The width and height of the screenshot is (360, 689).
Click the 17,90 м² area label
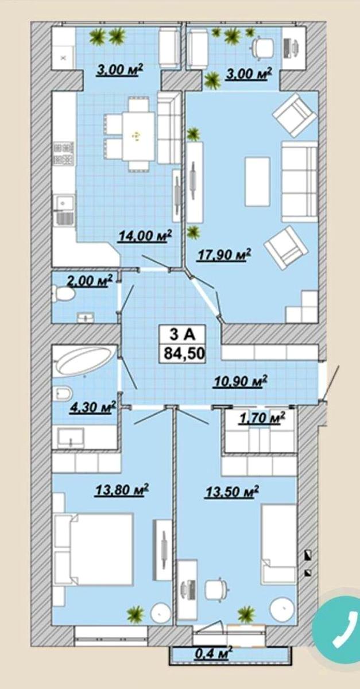click(x=224, y=255)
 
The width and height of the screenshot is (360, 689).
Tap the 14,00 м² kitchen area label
click(x=145, y=236)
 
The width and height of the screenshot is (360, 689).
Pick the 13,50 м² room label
click(x=231, y=491)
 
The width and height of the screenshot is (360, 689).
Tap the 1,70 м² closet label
click(x=261, y=418)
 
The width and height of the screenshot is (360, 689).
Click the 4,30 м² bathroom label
click(x=92, y=407)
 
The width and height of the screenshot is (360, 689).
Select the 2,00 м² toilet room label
click(x=90, y=281)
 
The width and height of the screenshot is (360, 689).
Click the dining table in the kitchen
click(x=138, y=136)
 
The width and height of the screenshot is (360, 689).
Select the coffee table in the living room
click(x=258, y=182)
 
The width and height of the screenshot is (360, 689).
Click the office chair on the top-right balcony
click(x=263, y=47)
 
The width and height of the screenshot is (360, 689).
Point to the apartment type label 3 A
click(x=183, y=335)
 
